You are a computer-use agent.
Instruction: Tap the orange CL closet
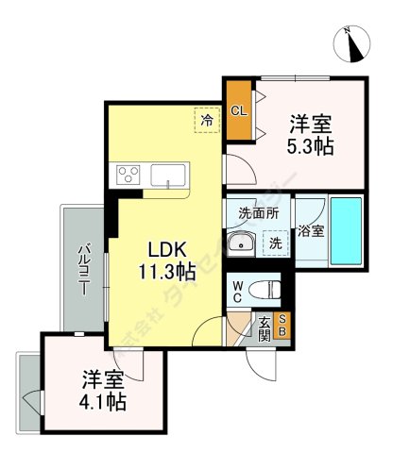tap(238, 109)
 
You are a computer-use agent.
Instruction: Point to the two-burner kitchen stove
tap(128, 175)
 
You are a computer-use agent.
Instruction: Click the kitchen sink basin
tap(167, 175)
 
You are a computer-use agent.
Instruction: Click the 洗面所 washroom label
tap(258, 214)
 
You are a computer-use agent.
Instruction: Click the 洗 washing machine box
tap(275, 243)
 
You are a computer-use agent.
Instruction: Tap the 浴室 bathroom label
tap(312, 229)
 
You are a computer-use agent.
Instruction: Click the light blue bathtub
tap(348, 229)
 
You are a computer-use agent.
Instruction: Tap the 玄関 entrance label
tap(265, 327)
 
